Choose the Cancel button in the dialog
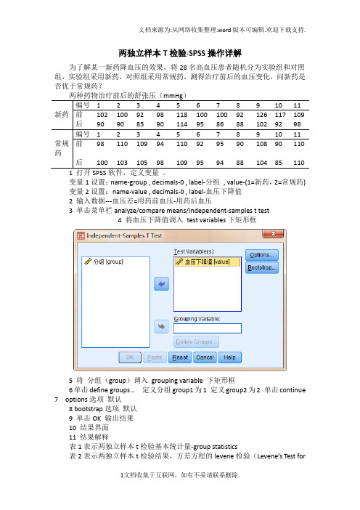(x=204, y=357)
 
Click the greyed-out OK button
(x=130, y=357)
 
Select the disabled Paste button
(x=154, y=357)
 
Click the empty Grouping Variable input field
(x=206, y=328)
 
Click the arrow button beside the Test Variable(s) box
(x=162, y=283)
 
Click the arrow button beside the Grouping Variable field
(x=162, y=328)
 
